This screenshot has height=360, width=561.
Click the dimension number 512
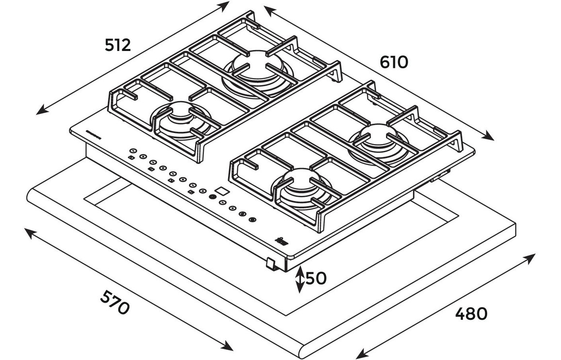tap(118, 45)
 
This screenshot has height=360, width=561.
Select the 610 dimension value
tap(394, 62)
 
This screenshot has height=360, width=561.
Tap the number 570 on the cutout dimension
tap(115, 302)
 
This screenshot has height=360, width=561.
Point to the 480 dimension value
tap(471, 314)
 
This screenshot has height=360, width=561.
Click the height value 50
tap(316, 278)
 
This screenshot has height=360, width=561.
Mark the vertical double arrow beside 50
tap(300, 279)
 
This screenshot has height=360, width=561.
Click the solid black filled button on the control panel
tap(213, 197)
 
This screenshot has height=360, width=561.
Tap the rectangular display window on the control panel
tap(221, 191)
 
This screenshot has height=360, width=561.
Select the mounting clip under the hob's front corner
tap(270, 264)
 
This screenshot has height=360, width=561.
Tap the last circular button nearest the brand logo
tap(252, 220)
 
